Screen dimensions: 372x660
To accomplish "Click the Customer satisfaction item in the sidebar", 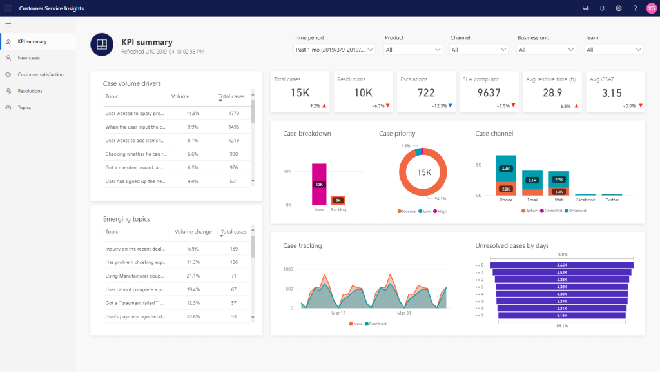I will click(x=40, y=74).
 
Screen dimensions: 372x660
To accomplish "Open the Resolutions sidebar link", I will click(x=30, y=91).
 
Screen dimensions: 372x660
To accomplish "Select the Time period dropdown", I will click(x=335, y=50).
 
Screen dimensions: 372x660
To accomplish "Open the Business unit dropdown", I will click(x=546, y=50).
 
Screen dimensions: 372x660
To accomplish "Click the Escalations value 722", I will click(x=426, y=93).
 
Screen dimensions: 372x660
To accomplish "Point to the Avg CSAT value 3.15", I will click(x=612, y=93).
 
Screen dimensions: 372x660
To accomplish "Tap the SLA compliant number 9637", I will click(x=489, y=93).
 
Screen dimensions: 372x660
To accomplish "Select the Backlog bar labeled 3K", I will click(x=338, y=200).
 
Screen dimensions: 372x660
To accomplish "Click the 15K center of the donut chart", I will click(x=423, y=172).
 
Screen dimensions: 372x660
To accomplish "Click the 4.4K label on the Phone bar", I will click(x=506, y=169).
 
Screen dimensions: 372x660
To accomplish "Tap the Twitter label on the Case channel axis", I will click(x=612, y=200).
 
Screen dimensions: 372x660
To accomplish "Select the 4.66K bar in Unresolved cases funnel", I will click(x=561, y=265).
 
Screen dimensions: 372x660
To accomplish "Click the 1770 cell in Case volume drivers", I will click(x=233, y=113).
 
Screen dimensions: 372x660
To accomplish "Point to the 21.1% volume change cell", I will click(x=191, y=276).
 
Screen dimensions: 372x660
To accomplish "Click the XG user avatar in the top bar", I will click(x=651, y=8).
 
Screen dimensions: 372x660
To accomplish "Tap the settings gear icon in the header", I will click(x=618, y=8).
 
